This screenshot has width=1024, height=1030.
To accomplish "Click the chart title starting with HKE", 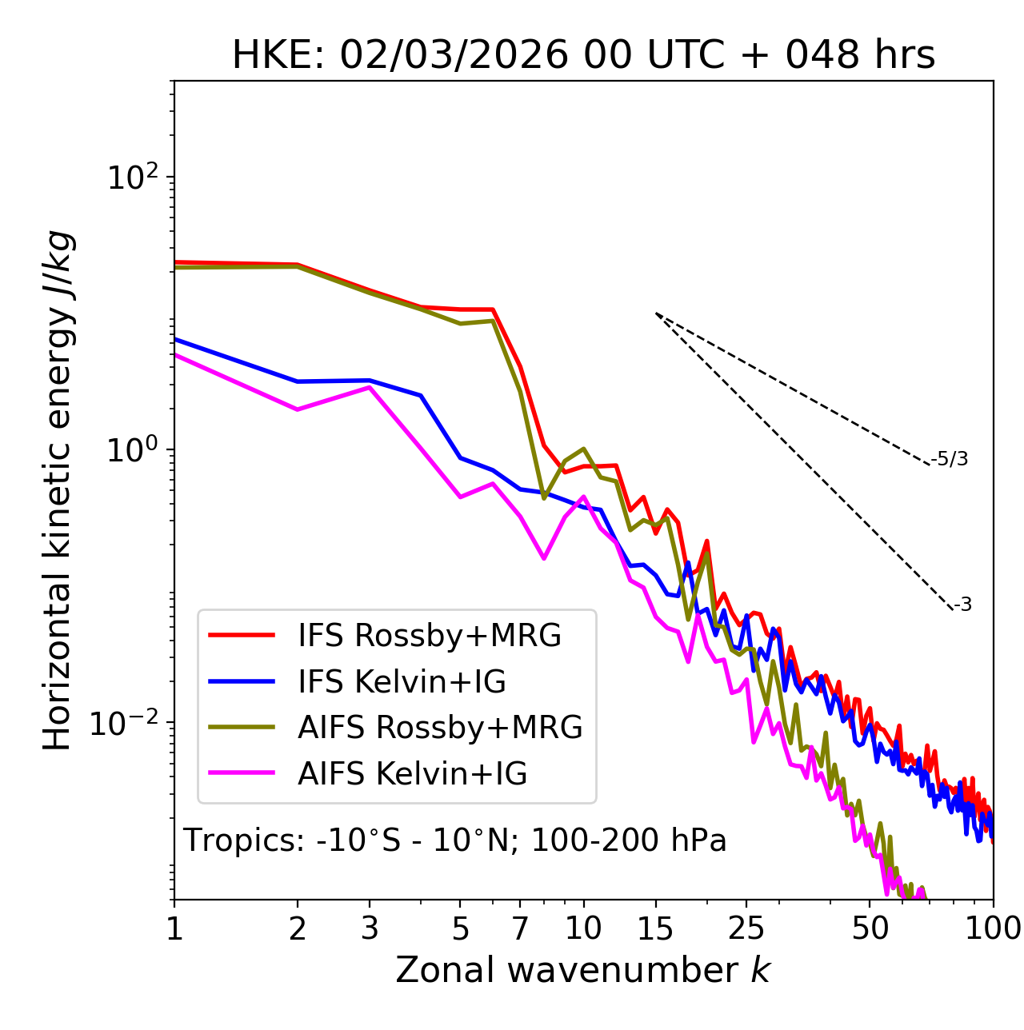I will (x=583, y=56).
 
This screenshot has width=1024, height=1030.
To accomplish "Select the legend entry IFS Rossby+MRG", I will (x=429, y=636).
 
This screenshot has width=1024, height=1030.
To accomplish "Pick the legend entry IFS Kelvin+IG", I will (x=402, y=682).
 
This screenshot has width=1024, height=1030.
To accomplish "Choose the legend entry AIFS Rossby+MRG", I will (x=440, y=728).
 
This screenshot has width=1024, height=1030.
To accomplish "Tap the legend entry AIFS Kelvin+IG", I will (x=412, y=774).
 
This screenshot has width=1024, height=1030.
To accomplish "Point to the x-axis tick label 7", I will (x=520, y=928).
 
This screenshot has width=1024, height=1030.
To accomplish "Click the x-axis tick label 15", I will (x=656, y=928).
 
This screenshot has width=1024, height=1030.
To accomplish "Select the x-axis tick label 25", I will (x=746, y=928).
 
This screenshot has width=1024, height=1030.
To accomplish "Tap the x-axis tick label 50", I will (x=870, y=928).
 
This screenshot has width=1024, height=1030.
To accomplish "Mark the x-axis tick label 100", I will (x=993, y=928).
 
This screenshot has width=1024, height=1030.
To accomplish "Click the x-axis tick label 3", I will (x=370, y=928).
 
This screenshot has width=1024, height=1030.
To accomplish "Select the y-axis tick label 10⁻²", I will (x=128, y=723).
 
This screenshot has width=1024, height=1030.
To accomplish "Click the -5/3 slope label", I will (x=950, y=460).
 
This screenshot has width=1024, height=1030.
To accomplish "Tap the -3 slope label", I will (x=962, y=605).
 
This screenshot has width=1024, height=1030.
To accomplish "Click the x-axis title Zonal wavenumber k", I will (x=582, y=971).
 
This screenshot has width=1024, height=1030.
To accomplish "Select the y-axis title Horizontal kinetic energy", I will (x=58, y=491).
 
